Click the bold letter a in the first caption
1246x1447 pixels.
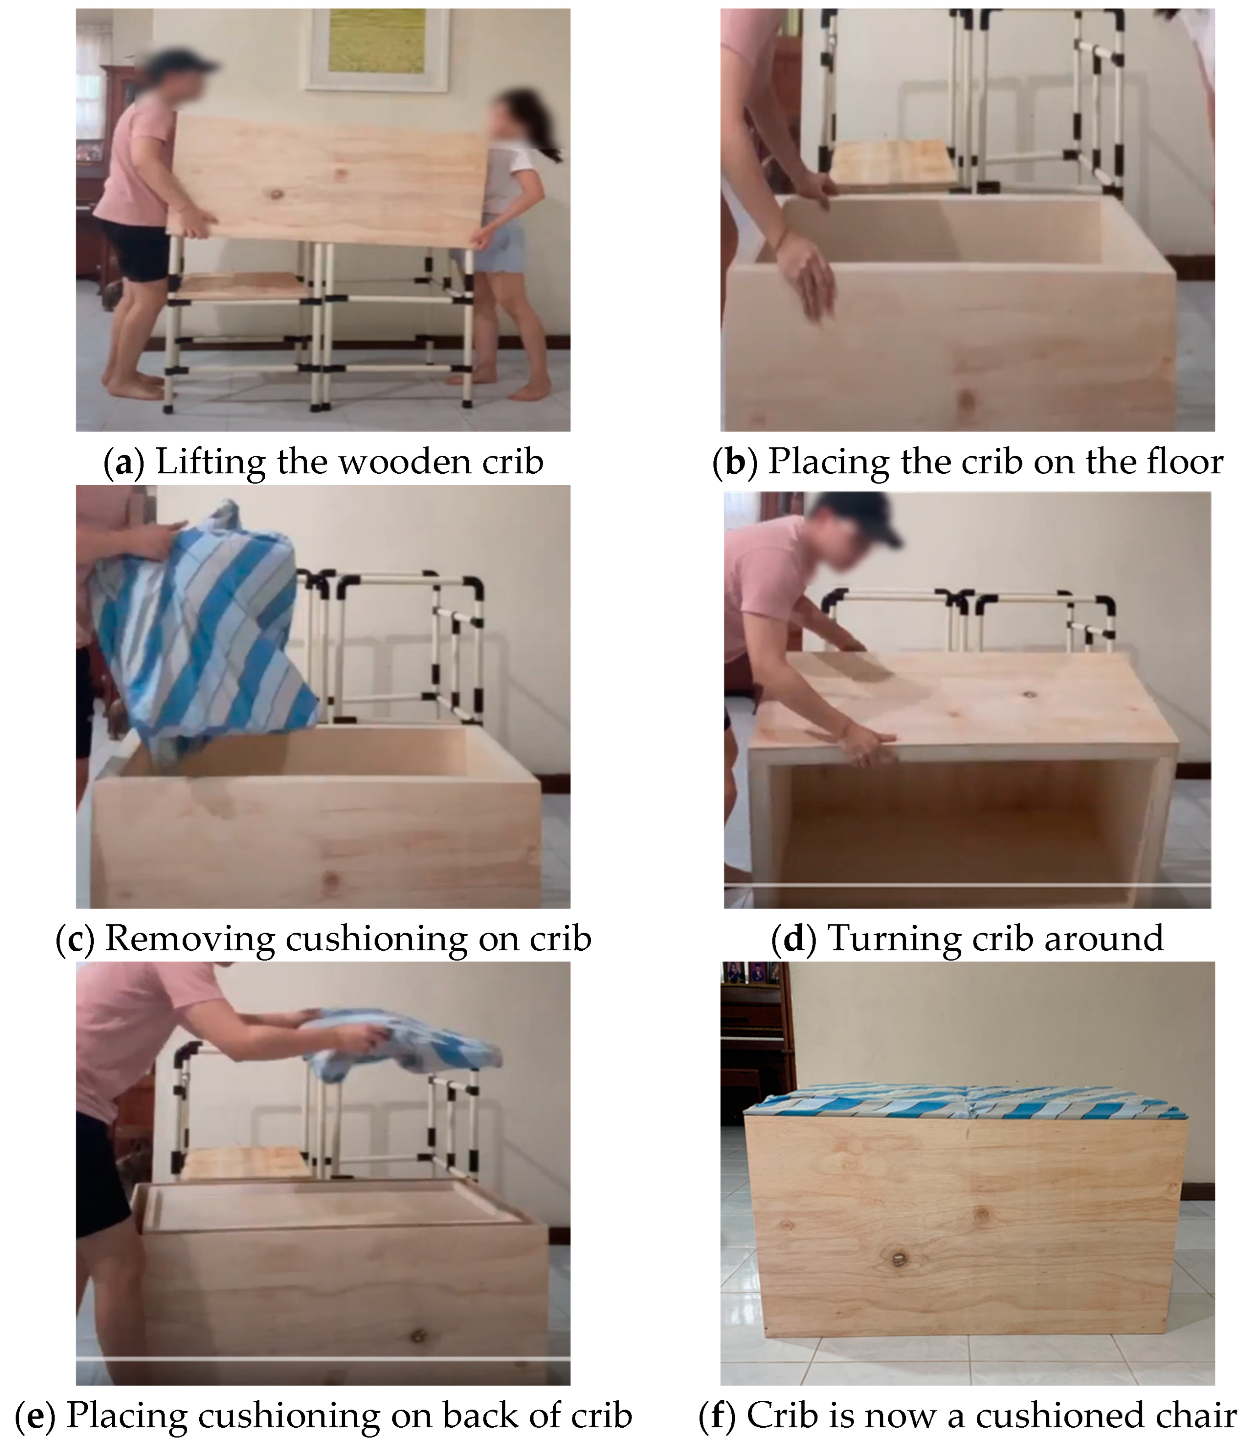click(x=124, y=463)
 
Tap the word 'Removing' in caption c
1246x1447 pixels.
click(x=190, y=940)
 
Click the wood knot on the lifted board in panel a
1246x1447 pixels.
click(x=277, y=193)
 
